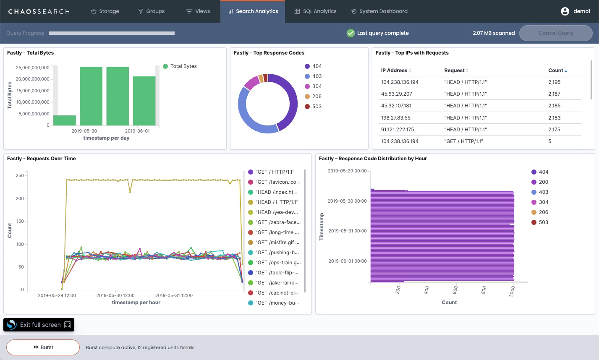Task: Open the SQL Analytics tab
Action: [x=315, y=11]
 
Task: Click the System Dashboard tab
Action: [x=379, y=11]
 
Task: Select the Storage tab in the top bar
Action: [x=105, y=11]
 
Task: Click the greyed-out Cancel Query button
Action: [x=555, y=33]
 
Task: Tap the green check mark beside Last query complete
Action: [x=351, y=33]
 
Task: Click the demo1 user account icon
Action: [x=565, y=11]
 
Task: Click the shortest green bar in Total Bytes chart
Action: [x=65, y=120]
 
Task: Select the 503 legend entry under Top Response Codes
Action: [x=317, y=107]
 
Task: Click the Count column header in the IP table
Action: [x=556, y=70]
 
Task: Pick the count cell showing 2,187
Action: [x=554, y=94]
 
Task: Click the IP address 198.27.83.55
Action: [x=396, y=118]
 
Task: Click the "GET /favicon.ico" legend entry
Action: [x=277, y=182]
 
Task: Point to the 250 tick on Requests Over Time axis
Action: [x=20, y=176]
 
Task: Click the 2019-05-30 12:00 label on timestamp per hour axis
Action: [x=115, y=295]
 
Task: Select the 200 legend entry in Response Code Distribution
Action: [x=543, y=182]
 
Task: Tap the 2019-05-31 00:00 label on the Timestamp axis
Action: [x=347, y=231]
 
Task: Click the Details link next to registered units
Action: [x=187, y=347]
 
